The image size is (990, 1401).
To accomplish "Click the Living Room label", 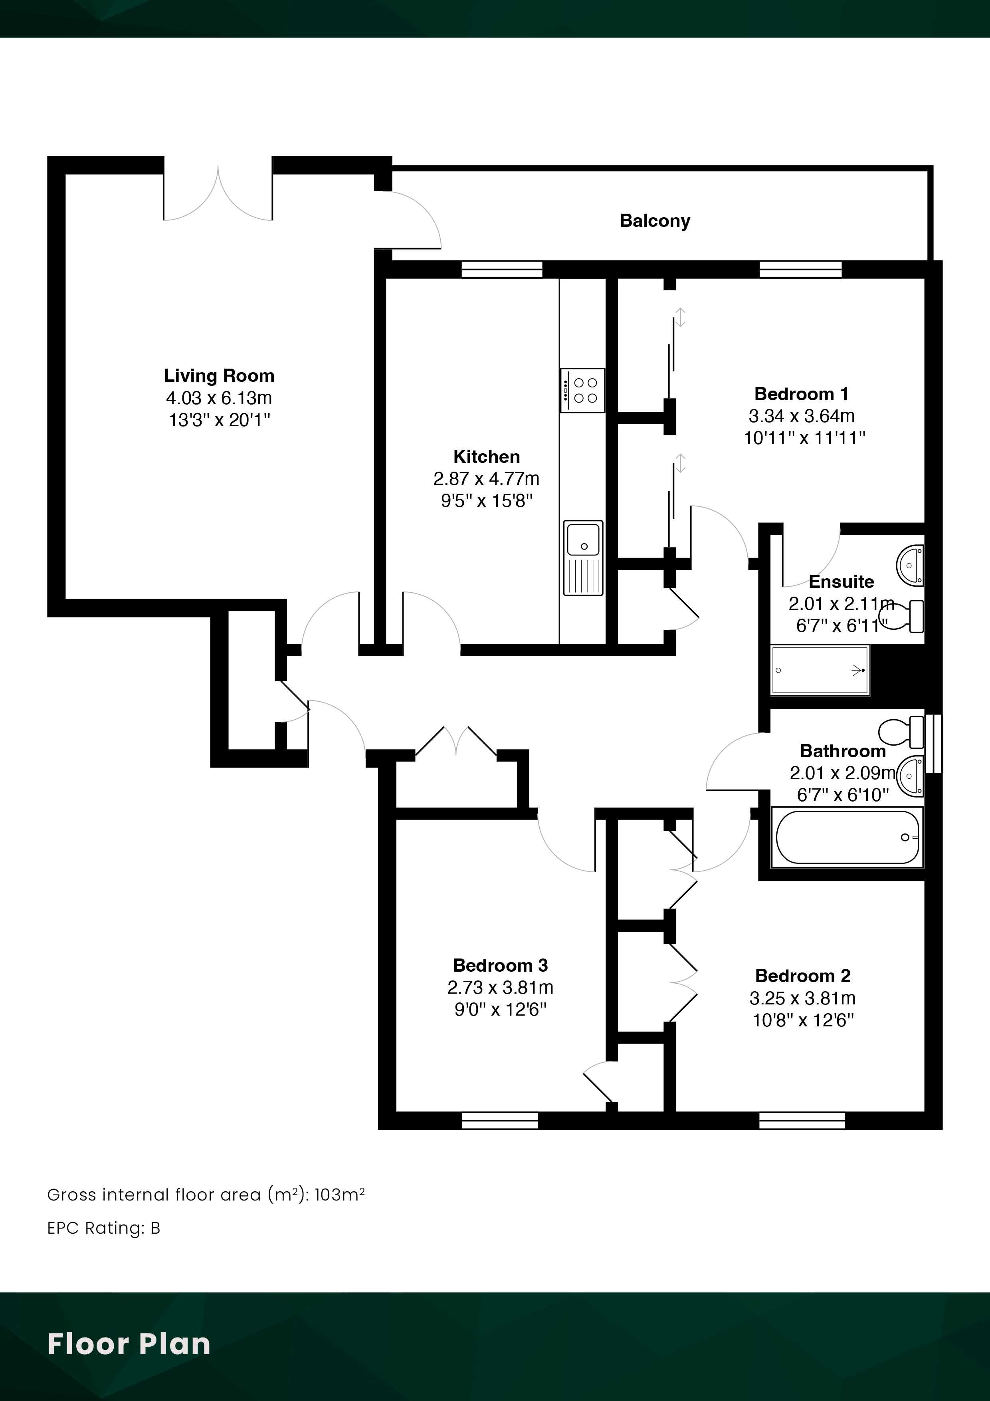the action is (x=219, y=375).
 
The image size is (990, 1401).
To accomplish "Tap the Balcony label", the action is (x=655, y=221).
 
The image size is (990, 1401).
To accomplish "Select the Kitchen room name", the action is (x=487, y=456).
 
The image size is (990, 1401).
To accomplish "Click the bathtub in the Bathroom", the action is (x=847, y=837).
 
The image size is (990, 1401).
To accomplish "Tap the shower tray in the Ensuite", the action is (x=820, y=670).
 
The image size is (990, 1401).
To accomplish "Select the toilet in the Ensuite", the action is (x=905, y=616).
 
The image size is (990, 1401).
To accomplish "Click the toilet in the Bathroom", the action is (x=901, y=732).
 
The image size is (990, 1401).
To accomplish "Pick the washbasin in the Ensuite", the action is (x=910, y=565).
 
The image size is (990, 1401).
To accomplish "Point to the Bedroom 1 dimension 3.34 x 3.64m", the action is (x=802, y=416).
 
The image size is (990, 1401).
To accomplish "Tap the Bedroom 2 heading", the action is (x=803, y=976).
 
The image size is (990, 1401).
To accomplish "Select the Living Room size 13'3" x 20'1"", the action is (x=220, y=420).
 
